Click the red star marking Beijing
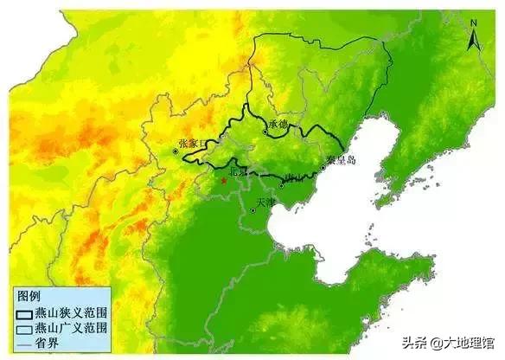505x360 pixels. click(x=223, y=181)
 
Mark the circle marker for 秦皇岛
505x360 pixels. click(x=323, y=167)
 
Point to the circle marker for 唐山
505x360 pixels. click(x=282, y=184)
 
